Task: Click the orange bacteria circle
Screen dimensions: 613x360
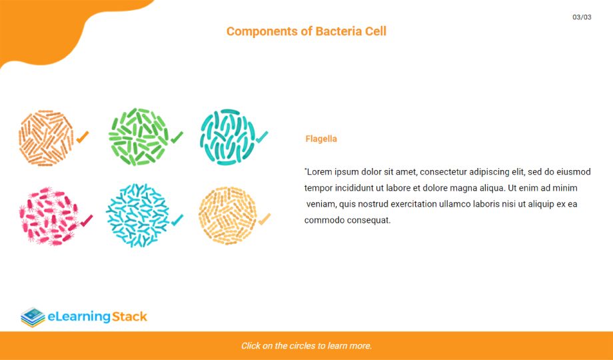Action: [x=46, y=138]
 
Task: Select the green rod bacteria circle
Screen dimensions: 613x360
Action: [x=138, y=137]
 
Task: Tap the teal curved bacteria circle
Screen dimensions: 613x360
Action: [x=227, y=137]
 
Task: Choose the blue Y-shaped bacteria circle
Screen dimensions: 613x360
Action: [x=138, y=215]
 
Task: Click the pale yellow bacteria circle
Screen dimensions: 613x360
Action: [x=227, y=215]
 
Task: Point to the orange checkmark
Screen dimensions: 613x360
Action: [x=83, y=137]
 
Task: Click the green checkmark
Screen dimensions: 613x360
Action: [x=177, y=137]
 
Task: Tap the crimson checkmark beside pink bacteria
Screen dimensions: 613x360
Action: [x=87, y=221]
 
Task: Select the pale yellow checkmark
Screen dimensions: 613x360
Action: [x=265, y=219]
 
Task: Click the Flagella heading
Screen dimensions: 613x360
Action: [x=321, y=139]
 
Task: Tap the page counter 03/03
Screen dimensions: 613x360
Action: [x=582, y=17]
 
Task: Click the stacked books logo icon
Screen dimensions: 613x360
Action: [x=33, y=317]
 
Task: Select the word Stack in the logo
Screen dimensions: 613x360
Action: [x=129, y=316]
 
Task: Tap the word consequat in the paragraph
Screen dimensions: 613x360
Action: [x=368, y=220]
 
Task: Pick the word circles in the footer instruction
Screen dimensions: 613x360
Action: [x=303, y=346]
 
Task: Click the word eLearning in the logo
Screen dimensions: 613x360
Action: [x=79, y=317]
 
